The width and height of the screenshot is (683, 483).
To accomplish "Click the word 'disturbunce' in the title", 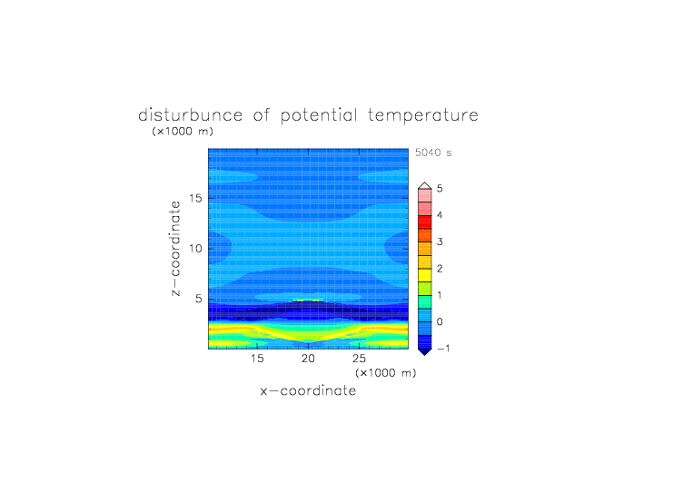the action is coord(191,115).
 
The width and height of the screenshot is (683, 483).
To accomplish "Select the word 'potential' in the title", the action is coord(319,115).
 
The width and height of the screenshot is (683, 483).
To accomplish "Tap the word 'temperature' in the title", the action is coord(423,115).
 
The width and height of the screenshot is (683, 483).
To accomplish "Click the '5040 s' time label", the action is coord(433,153).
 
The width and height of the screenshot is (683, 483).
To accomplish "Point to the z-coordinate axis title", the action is coord(175,248).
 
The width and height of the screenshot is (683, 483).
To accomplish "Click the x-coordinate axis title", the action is coord(308,390).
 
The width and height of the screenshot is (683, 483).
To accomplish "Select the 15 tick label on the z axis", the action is coord(195,198).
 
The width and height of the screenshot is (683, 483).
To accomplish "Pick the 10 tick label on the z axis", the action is coord(195,248).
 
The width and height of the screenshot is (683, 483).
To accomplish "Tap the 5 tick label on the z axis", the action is coord(199,299).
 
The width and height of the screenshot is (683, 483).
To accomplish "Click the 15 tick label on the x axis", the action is coord(257,359).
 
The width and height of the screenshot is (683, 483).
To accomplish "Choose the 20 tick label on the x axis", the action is coord(308,359).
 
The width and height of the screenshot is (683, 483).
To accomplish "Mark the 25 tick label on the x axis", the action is coord(359,359).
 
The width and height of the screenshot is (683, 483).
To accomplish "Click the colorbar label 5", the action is coord(440,189).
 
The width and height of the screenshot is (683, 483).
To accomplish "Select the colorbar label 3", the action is coord(440,241).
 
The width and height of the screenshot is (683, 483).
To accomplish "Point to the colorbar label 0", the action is coord(440,322).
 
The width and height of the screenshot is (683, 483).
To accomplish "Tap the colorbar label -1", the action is coord(443,349).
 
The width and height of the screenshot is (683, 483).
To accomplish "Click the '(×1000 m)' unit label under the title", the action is coord(183,131).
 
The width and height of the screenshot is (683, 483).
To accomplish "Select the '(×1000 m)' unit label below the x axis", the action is coord(385,373).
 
